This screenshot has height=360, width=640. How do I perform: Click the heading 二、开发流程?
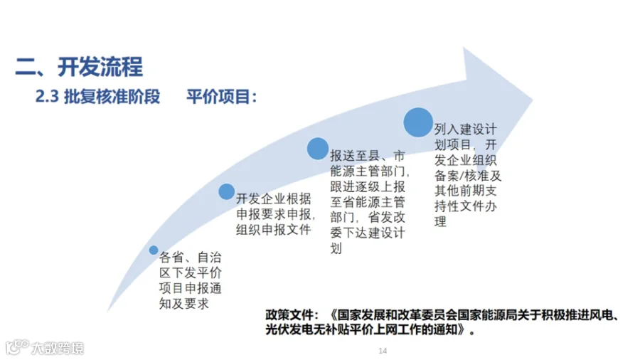[79, 67]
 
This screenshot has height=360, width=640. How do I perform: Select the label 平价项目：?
[221, 97]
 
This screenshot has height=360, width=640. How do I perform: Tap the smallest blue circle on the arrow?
[154, 250]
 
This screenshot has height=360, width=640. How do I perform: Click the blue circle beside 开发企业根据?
[226, 191]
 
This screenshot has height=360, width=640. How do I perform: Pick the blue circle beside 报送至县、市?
[317, 149]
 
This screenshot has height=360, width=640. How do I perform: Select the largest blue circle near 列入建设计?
[417, 122]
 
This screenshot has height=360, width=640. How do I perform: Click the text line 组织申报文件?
[273, 229]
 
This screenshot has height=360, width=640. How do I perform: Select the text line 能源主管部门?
[370, 171]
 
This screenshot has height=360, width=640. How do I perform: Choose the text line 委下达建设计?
[368, 233]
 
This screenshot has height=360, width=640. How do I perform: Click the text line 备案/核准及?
[468, 175]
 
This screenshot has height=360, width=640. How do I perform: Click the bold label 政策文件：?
[288, 314]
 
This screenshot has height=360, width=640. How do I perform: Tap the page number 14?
[382, 351]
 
